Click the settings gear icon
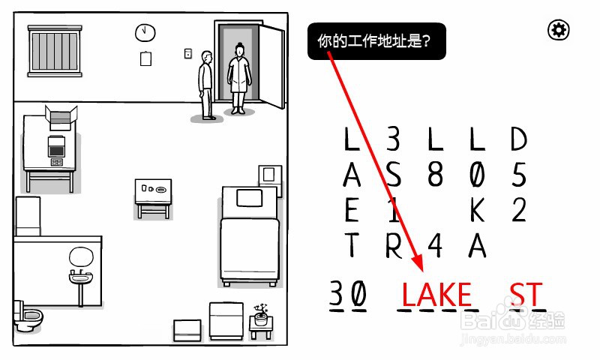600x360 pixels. [x=559, y=30]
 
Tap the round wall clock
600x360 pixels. [x=144, y=32]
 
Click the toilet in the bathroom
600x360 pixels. [x=28, y=319]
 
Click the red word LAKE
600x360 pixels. [x=436, y=295]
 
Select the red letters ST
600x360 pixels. [x=526, y=295]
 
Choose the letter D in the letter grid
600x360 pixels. [x=519, y=139]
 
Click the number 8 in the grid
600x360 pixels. [x=436, y=175]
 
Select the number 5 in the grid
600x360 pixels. [x=519, y=175]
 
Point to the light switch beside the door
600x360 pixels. [x=188, y=53]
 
